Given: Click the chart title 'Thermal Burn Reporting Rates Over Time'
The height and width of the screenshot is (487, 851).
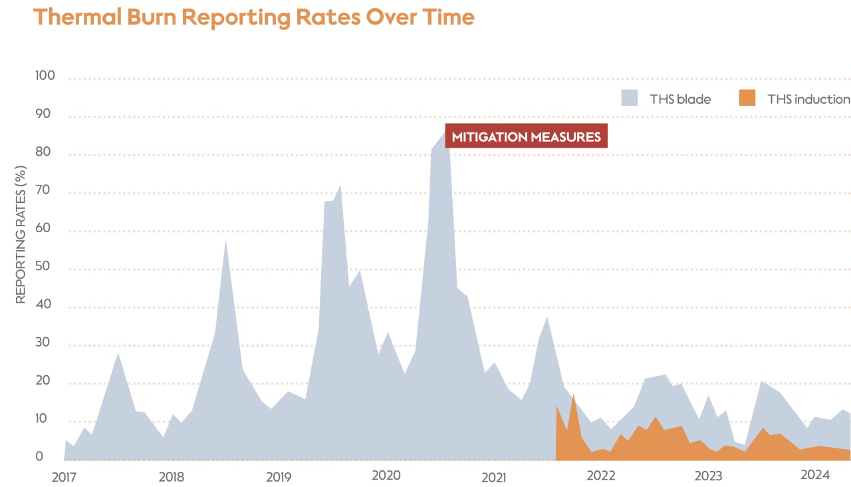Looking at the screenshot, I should coord(253,17).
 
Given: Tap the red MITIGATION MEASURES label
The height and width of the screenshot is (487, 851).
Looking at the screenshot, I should coord(526,137).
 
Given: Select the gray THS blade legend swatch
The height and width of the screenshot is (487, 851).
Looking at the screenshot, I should coord(630,98).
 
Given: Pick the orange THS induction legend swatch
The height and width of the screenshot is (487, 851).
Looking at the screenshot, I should coord(747,98).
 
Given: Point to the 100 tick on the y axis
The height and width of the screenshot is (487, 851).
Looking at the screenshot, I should coord(45,77).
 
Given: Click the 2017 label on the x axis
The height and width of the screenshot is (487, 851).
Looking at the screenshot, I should coord(64,476).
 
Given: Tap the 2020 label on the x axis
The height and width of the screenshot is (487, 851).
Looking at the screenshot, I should coord(386,476).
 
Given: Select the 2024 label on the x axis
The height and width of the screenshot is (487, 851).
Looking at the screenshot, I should coord(814,475).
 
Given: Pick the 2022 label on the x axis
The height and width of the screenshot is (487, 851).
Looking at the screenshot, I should coord(600,476).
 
